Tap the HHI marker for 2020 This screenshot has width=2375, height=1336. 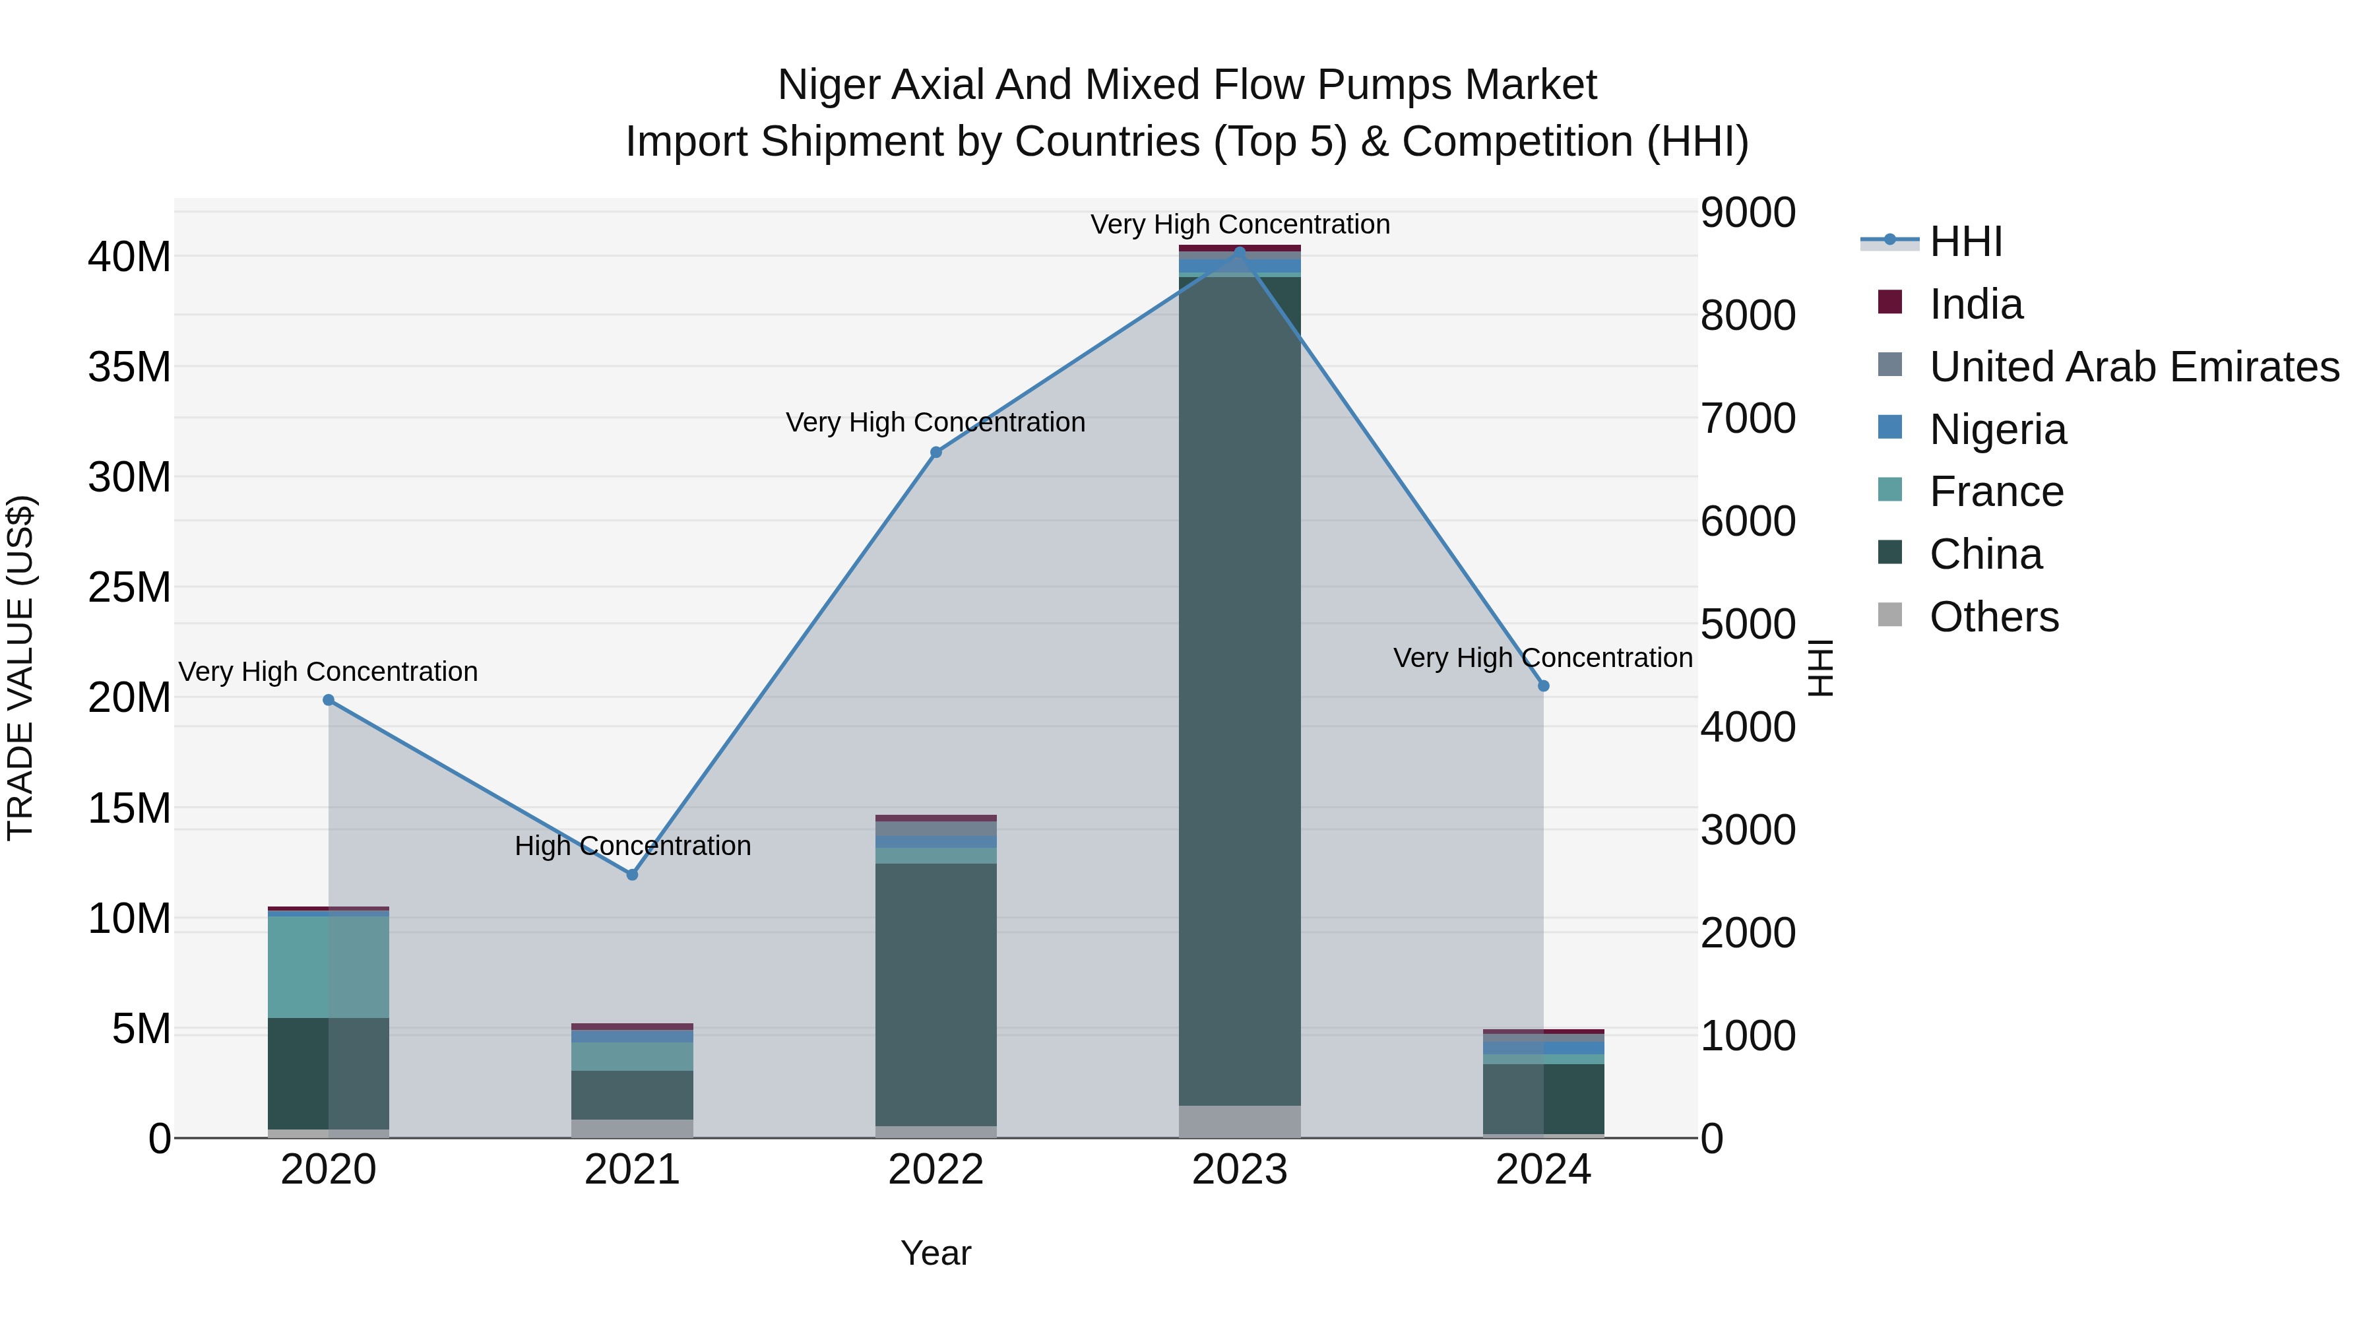[x=329, y=700]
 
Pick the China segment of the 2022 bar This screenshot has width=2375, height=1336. [x=935, y=994]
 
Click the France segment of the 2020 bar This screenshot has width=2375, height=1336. [x=329, y=967]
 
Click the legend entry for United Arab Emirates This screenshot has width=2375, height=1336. [x=2134, y=367]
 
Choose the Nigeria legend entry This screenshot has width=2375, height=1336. [x=1997, y=429]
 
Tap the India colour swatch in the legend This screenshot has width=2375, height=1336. [x=1889, y=302]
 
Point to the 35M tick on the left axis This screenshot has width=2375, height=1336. [x=129, y=367]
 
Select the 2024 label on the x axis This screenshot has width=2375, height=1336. [x=1542, y=1170]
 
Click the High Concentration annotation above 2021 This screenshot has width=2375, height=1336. [x=633, y=846]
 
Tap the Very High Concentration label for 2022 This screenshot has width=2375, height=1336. [x=935, y=422]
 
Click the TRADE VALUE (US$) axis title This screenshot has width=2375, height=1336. [x=20, y=668]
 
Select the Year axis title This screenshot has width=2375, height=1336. [x=935, y=1253]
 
